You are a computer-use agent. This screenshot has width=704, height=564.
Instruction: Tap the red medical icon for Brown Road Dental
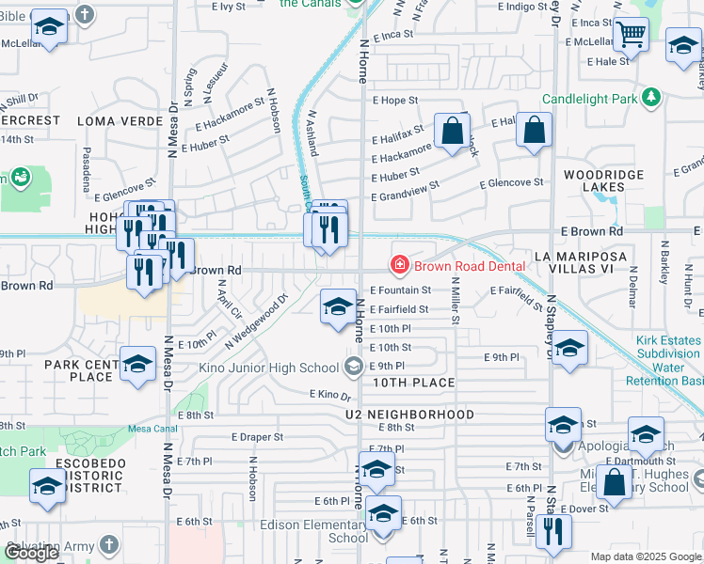click(400, 267)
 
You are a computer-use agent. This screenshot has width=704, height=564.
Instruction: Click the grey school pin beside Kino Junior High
click(354, 366)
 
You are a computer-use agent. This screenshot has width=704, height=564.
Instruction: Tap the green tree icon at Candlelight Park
click(651, 97)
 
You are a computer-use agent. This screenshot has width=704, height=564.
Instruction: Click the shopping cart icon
click(632, 36)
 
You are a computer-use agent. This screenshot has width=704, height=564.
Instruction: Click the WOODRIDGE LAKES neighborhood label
click(603, 181)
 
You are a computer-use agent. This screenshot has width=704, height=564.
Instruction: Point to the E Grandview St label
click(407, 197)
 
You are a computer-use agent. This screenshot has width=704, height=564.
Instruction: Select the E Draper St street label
click(258, 437)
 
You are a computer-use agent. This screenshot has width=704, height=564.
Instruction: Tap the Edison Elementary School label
click(335, 531)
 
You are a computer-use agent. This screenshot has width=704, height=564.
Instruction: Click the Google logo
click(31, 553)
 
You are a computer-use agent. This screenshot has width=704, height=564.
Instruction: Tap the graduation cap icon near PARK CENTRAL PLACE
click(137, 365)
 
